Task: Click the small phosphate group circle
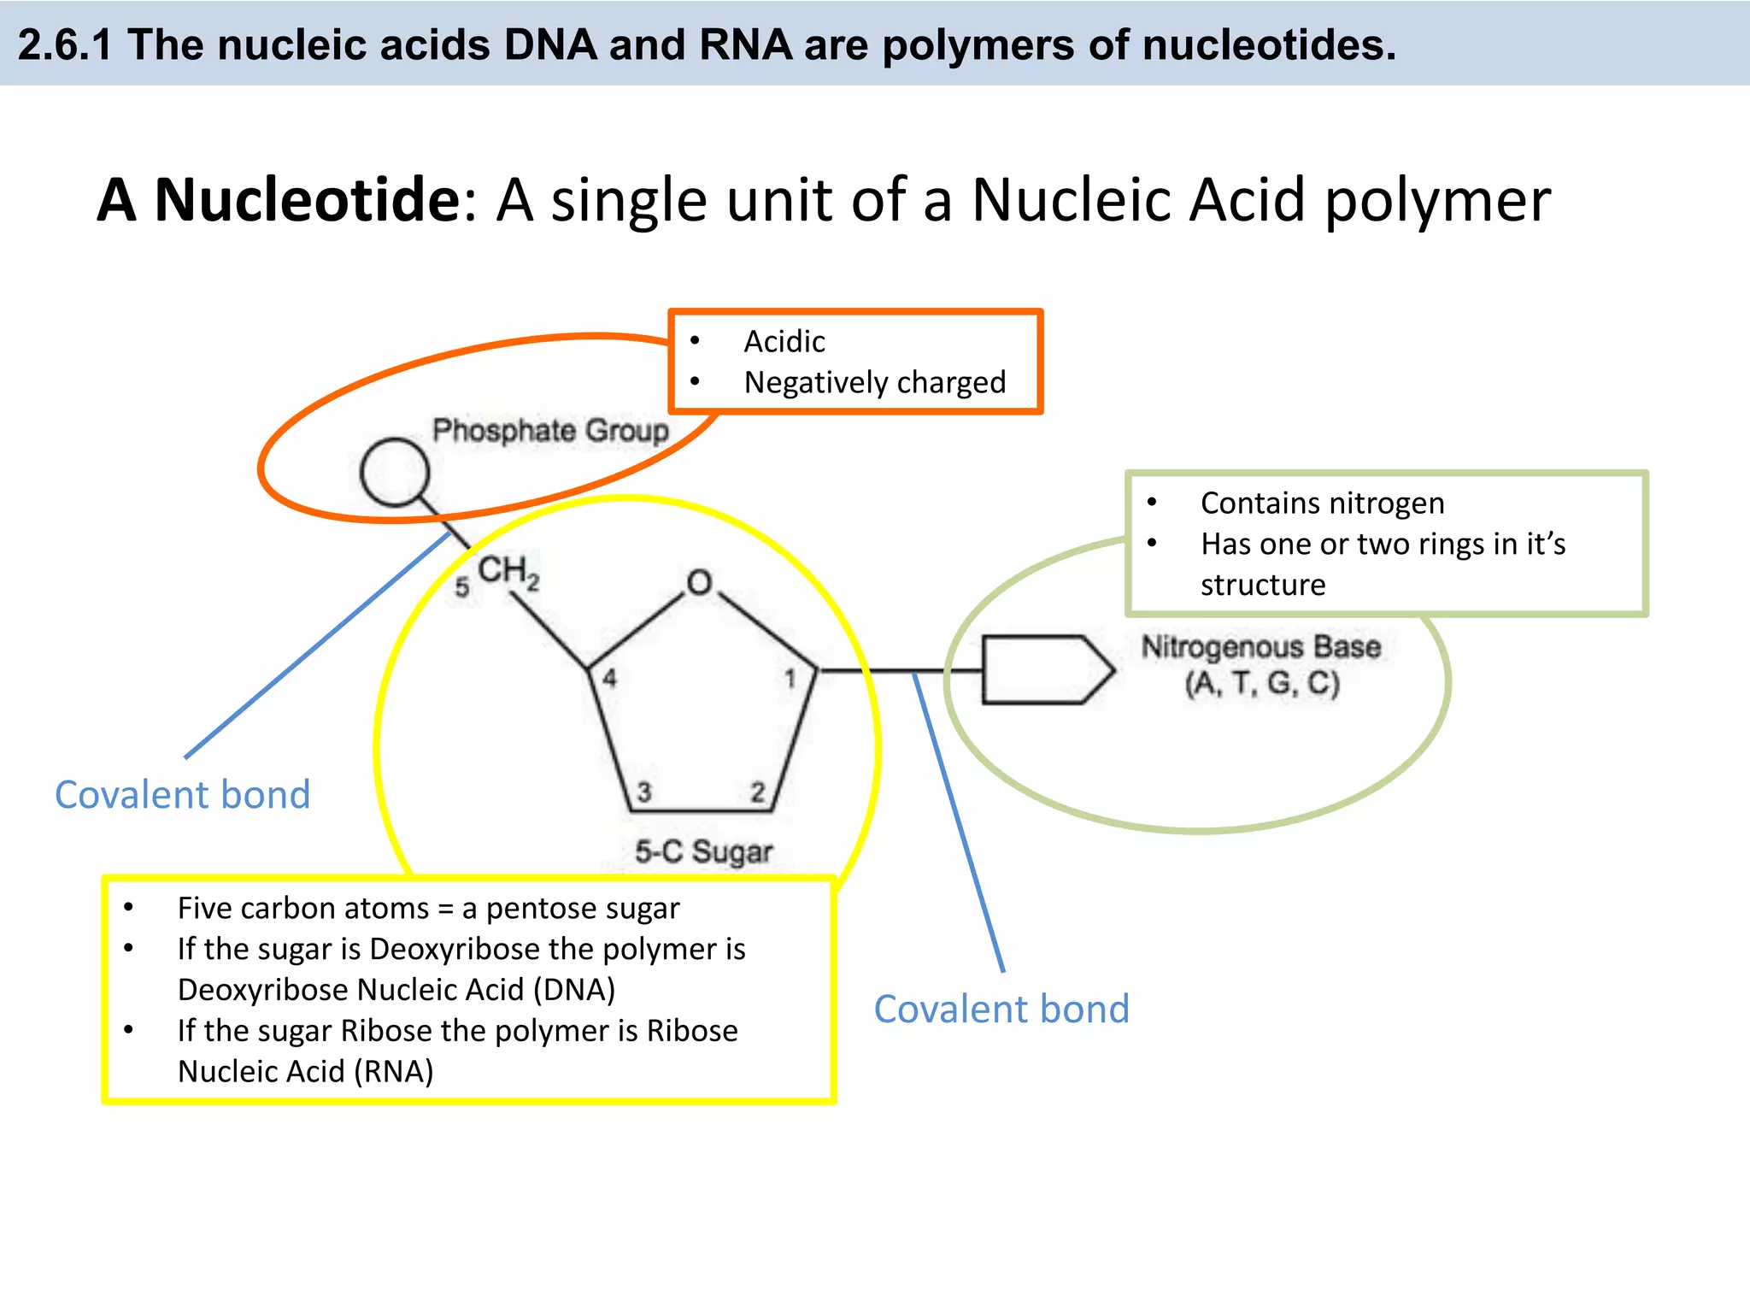coord(394,472)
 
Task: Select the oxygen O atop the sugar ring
coord(699,583)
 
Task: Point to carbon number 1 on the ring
coord(790,679)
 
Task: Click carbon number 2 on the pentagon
coord(757,792)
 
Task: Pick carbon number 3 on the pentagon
coord(644,792)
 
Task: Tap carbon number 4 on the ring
coord(609,679)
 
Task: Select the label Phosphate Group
coord(550,430)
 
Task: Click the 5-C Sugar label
coord(703,851)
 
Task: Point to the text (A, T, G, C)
coord(1262,684)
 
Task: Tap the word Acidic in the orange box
coord(784,342)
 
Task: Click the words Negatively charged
coord(875,382)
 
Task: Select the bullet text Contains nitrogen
coord(1322,503)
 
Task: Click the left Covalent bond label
coord(183,795)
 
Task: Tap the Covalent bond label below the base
coord(1001,1010)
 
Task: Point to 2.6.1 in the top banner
coord(65,44)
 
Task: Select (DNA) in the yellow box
coord(574,990)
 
